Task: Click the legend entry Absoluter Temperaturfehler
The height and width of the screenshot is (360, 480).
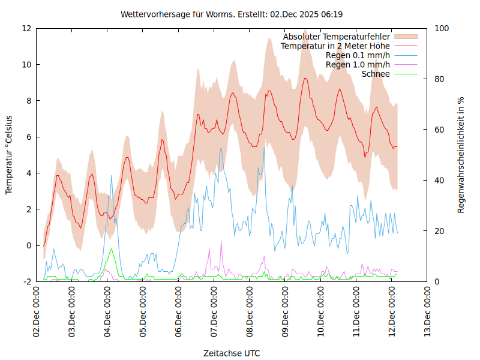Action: pyautogui.click(x=337, y=37)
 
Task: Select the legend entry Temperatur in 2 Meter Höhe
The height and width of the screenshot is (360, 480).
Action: pyautogui.click(x=335, y=46)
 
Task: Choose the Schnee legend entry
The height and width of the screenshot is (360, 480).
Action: pyautogui.click(x=376, y=74)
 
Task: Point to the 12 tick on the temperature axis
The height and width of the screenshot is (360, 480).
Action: pyautogui.click(x=27, y=28)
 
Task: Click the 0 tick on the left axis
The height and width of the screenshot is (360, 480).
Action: pyautogui.click(x=29, y=245)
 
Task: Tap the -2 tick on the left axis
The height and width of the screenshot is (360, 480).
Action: pyautogui.click(x=27, y=281)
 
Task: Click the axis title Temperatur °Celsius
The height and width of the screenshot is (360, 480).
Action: pyautogui.click(x=9, y=155)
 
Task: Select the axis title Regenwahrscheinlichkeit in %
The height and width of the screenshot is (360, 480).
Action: pyautogui.click(x=461, y=155)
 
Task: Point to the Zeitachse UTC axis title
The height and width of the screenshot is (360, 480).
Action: pyautogui.click(x=232, y=353)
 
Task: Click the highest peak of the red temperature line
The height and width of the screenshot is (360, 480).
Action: pyautogui.click(x=305, y=78)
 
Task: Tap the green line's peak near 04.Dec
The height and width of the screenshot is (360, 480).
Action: pyautogui.click(x=111, y=249)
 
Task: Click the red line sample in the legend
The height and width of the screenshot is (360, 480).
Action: pyautogui.click(x=405, y=46)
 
